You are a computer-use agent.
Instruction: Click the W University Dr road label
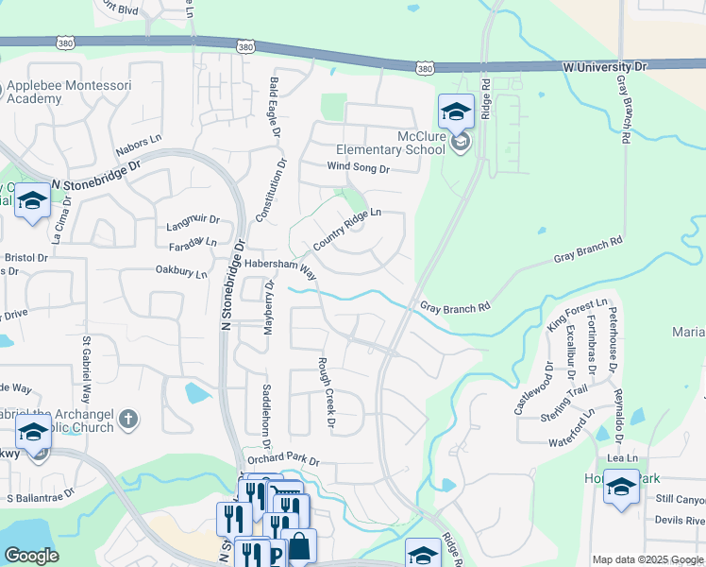click(x=606, y=67)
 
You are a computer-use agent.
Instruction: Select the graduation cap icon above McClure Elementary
click(x=456, y=112)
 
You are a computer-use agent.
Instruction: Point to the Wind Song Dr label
click(x=358, y=168)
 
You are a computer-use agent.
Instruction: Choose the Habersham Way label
click(x=280, y=266)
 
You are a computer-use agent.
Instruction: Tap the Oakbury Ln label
click(x=181, y=271)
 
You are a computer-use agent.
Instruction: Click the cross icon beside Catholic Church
click(x=128, y=418)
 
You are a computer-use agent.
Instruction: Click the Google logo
click(x=31, y=556)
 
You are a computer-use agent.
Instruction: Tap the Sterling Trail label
click(x=564, y=397)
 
